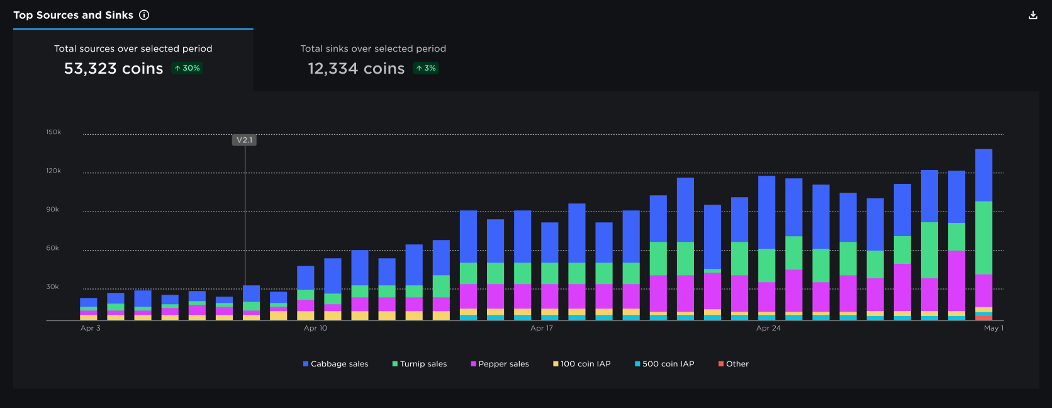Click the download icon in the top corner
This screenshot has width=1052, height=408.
(1032, 15)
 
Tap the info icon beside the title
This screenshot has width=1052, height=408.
(144, 15)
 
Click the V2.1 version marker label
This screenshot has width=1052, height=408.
(244, 140)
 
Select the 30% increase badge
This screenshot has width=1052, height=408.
(187, 68)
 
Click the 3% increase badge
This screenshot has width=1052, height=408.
(425, 68)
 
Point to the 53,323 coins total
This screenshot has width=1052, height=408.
(114, 69)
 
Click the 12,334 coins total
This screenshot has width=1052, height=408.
(356, 69)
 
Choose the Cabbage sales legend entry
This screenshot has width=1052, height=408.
(336, 364)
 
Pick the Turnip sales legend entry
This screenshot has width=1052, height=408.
(420, 364)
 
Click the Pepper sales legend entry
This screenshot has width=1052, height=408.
(500, 364)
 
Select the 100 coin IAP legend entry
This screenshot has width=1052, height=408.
(582, 364)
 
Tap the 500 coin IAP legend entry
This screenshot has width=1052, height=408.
(664, 364)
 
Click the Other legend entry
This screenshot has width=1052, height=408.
(734, 364)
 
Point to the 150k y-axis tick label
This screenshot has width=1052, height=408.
(53, 132)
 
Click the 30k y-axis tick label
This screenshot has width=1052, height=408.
(53, 286)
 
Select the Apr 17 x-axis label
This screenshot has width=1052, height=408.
(542, 328)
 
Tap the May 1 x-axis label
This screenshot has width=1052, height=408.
(993, 328)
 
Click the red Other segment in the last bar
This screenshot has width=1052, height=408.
(984, 318)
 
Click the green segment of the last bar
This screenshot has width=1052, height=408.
(984, 238)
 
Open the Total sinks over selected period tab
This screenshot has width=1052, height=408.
(373, 60)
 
